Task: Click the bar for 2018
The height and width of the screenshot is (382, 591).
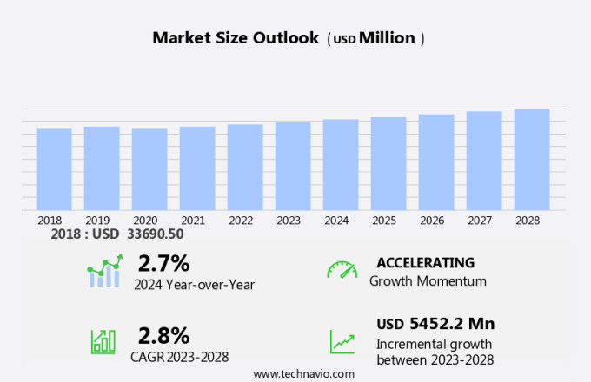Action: pyautogui.click(x=54, y=169)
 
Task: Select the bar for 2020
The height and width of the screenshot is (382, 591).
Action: pyautogui.click(x=149, y=169)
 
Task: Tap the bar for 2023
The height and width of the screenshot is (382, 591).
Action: pyautogui.click(x=293, y=166)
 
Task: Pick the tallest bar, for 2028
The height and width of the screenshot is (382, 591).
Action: pyautogui.click(x=532, y=159)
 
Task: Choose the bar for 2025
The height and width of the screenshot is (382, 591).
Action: pyautogui.click(x=388, y=163)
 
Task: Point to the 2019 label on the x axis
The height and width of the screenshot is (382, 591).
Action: pyautogui.click(x=97, y=221)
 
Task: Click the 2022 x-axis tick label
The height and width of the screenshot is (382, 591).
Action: pyautogui.click(x=241, y=221)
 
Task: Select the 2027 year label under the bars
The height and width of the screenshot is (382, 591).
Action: pyautogui.click(x=480, y=221)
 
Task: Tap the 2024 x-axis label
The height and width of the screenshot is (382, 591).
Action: pyautogui.click(x=336, y=221)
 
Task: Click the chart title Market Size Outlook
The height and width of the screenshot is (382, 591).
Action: pyautogui.click(x=236, y=38)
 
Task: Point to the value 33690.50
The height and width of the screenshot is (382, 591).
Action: pyautogui.click(x=156, y=234)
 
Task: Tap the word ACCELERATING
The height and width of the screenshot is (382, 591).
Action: pyautogui.click(x=425, y=262)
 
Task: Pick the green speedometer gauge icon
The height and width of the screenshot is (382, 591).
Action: pyautogui.click(x=342, y=270)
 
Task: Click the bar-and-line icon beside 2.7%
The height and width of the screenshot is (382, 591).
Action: pyautogui.click(x=105, y=271)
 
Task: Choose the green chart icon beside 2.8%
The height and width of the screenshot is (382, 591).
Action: pyautogui.click(x=103, y=341)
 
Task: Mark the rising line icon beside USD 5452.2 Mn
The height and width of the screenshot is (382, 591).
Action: pyautogui.click(x=342, y=341)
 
